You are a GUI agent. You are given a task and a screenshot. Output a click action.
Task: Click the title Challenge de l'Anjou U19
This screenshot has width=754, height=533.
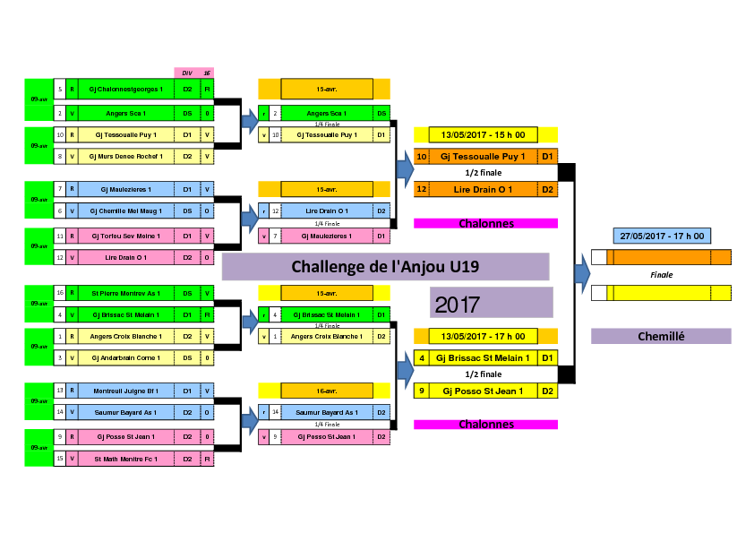pyautogui.click(x=385, y=267)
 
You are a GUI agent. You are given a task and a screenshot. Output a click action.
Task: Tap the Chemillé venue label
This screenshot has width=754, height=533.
pyautogui.click(x=661, y=336)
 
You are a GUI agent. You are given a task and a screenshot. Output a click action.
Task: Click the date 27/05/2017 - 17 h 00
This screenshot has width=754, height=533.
pyautogui.click(x=661, y=236)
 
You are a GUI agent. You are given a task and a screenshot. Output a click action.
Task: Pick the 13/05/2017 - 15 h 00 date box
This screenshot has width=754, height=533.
pyautogui.click(x=484, y=134)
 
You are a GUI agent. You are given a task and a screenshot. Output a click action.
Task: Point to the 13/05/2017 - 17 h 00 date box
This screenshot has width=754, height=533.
pyautogui.click(x=484, y=336)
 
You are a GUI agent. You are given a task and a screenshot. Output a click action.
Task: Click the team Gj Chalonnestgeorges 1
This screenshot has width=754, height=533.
pyautogui.click(x=124, y=90)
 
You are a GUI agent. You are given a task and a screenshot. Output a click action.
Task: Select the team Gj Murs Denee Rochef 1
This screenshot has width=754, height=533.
pyautogui.click(x=124, y=156)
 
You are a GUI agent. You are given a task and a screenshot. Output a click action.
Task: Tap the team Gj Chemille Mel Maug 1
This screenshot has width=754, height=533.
pyautogui.click(x=124, y=211)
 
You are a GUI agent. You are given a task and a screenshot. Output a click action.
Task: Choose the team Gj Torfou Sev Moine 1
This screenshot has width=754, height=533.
pyautogui.click(x=124, y=236)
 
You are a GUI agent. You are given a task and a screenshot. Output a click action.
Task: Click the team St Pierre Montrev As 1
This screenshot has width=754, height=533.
pyautogui.click(x=124, y=293)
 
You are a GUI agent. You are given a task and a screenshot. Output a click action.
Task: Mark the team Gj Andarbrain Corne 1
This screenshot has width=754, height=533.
pyautogui.click(x=124, y=357)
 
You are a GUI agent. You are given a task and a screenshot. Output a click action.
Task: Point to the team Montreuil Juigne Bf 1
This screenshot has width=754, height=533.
pyautogui.click(x=124, y=391)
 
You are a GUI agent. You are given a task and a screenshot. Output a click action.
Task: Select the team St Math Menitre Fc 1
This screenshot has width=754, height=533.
pyautogui.click(x=124, y=458)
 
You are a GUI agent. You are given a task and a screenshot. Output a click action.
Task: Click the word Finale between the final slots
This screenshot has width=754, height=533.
pyautogui.click(x=661, y=275)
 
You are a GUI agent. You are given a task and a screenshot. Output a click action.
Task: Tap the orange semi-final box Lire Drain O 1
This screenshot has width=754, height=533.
pyautogui.click(x=483, y=190)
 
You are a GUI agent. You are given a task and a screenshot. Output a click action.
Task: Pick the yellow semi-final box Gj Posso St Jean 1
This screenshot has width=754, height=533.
pyautogui.click(x=483, y=391)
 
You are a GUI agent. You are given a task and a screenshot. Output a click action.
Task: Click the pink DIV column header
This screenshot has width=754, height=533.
pyautogui.click(x=187, y=73)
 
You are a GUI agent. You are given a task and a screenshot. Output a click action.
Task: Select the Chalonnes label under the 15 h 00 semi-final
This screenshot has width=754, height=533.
pyautogui.click(x=486, y=223)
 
